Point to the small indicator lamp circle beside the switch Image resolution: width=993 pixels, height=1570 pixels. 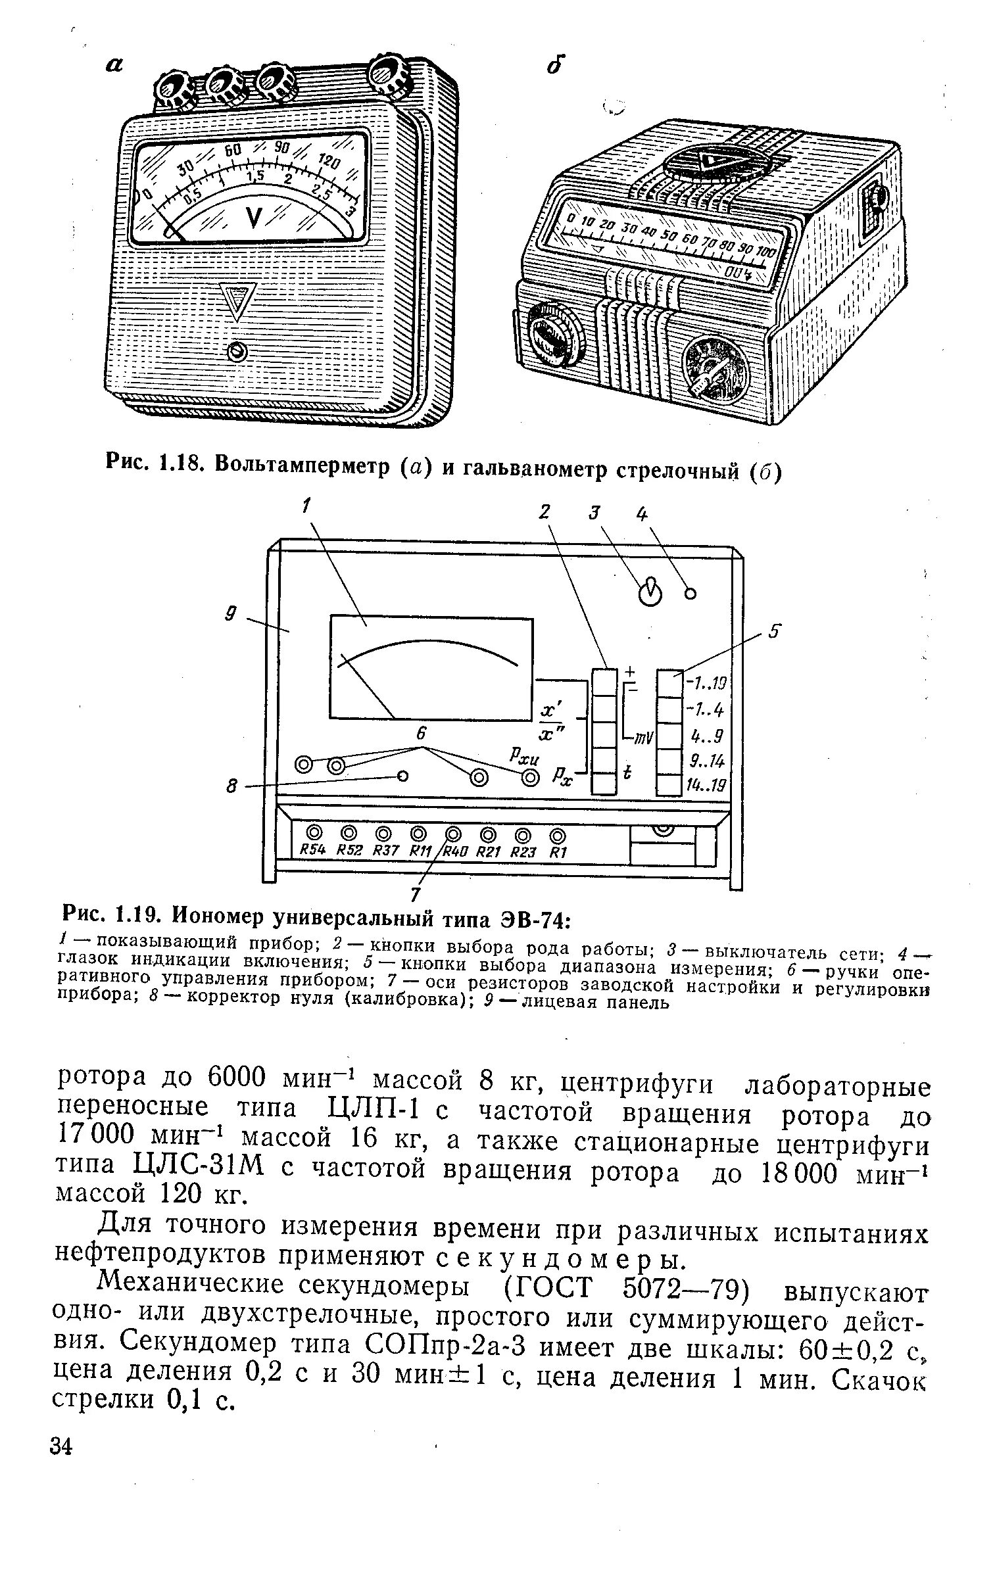pos(690,594)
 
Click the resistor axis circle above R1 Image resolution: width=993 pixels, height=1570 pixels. pos(558,836)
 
